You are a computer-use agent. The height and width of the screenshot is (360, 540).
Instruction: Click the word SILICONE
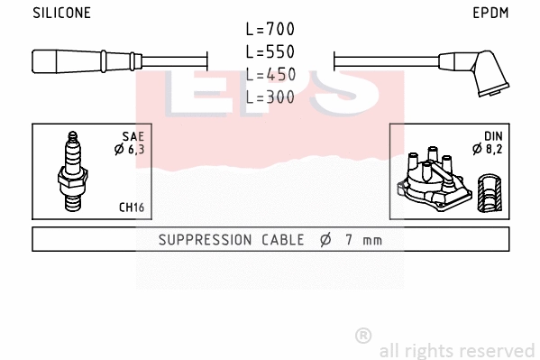[61, 14]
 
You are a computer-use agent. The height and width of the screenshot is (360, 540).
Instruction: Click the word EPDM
[491, 14]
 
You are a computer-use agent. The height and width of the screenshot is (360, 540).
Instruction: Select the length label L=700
[270, 30]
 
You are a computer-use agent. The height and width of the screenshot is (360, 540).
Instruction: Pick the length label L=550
[270, 52]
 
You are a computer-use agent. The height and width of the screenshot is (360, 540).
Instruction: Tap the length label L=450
[270, 74]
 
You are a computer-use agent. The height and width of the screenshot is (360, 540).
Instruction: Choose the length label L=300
[270, 97]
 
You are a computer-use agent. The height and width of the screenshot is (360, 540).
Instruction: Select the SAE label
[133, 136]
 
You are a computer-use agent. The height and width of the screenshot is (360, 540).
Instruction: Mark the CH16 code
[132, 208]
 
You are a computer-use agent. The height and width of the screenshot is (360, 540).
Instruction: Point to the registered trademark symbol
[362, 336]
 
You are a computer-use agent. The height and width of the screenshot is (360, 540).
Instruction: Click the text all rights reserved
[457, 350]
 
